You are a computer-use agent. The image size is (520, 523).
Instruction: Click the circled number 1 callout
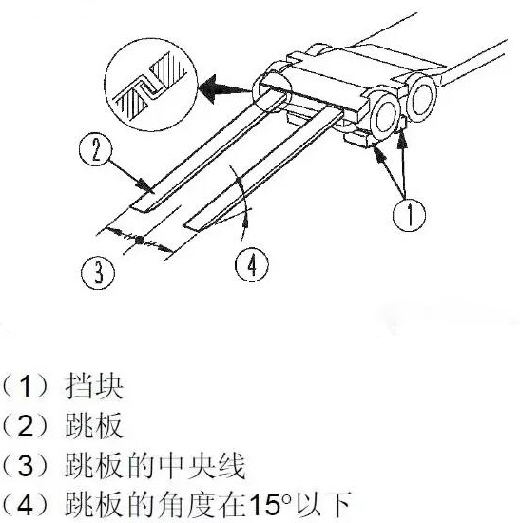(x=409, y=214)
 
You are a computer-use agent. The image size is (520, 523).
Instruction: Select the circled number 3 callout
(x=98, y=273)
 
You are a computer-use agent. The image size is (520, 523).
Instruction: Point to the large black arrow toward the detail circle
(x=224, y=87)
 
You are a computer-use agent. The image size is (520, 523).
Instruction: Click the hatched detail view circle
(x=151, y=85)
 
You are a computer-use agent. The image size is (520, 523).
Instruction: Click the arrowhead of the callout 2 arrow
(x=147, y=186)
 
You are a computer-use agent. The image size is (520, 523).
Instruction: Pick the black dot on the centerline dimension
(x=141, y=240)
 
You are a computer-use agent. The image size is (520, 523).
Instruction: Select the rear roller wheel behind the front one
(x=421, y=97)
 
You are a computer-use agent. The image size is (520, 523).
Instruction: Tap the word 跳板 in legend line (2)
(x=94, y=425)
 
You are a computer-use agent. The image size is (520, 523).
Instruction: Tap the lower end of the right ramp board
(x=194, y=227)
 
